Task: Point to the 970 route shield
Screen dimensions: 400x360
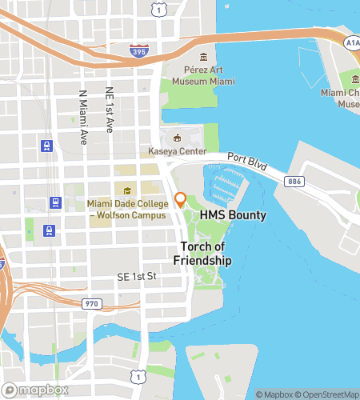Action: (x=90, y=303)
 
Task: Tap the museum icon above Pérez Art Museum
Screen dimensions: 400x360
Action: (x=203, y=58)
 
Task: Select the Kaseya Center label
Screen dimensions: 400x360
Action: (x=178, y=152)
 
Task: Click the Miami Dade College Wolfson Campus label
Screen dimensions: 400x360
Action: (x=128, y=210)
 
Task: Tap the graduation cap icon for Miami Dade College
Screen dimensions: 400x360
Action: (x=128, y=190)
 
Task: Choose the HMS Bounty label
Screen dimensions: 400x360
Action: (x=234, y=216)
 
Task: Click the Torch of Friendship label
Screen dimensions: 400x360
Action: (x=202, y=254)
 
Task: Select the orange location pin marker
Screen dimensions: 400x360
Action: (x=180, y=199)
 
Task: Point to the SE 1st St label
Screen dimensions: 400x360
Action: (x=134, y=276)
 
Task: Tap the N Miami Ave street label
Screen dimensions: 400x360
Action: (x=82, y=118)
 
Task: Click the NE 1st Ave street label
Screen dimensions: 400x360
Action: (x=109, y=109)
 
